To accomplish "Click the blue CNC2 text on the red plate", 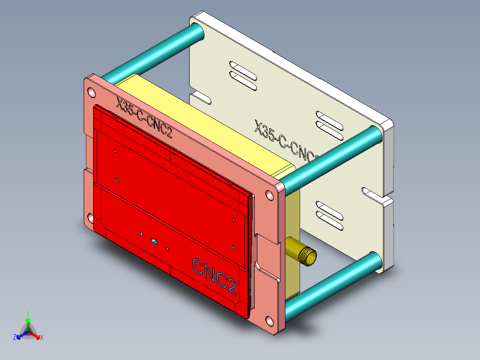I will pos(214,275).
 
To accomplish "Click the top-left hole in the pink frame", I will pos(91,93).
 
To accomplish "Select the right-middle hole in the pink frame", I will pos(270,195).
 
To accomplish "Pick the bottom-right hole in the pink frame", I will pos(270,320).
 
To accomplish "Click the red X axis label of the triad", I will pos(41,338).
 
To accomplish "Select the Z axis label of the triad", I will pos(15,338).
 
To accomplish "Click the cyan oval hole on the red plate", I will pos(155,241).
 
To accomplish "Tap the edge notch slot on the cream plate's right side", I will pos(373,193).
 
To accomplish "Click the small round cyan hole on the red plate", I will pos(142,234).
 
